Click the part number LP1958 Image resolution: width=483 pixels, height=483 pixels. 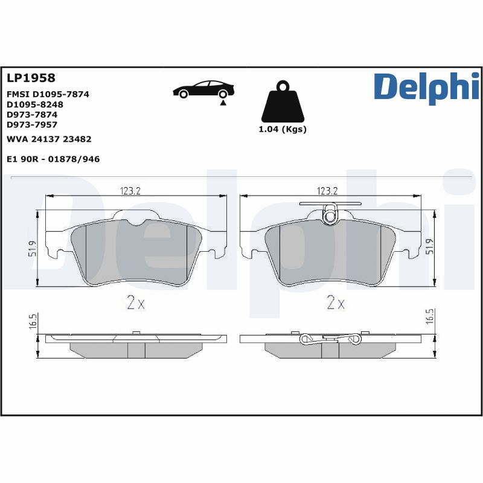pos(30,78)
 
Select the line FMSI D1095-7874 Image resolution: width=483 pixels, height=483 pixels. pos(48,95)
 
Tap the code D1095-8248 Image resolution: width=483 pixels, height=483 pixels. pos(34,104)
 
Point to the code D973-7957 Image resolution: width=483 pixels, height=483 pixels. pos(32,124)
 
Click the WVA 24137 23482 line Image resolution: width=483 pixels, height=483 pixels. pos(48,139)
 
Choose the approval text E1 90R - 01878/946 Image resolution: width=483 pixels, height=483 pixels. pos(53,159)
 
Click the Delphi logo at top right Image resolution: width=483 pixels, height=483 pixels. pos(426,87)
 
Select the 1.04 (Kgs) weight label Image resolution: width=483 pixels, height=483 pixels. pos(283,129)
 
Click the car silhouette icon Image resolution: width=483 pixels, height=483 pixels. pos(203,89)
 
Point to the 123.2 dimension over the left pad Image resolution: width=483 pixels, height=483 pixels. pos(129,191)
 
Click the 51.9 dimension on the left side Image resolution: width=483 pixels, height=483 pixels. pos(32,248)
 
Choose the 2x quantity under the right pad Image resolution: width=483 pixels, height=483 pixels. pos(335,303)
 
